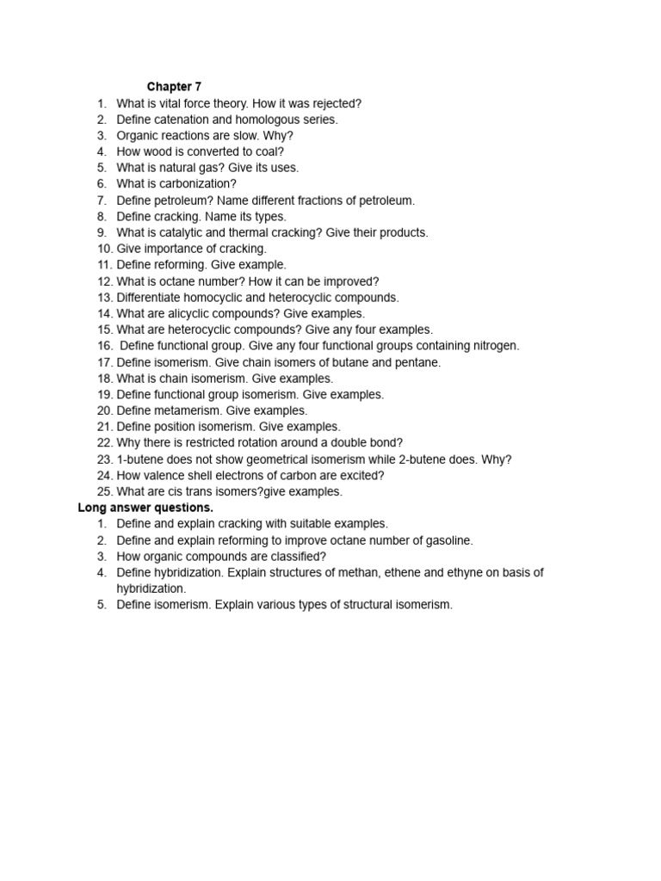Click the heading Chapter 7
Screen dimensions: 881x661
point(174,87)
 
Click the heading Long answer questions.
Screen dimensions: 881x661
point(145,508)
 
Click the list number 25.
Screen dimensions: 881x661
point(105,491)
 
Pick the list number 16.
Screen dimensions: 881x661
point(105,346)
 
